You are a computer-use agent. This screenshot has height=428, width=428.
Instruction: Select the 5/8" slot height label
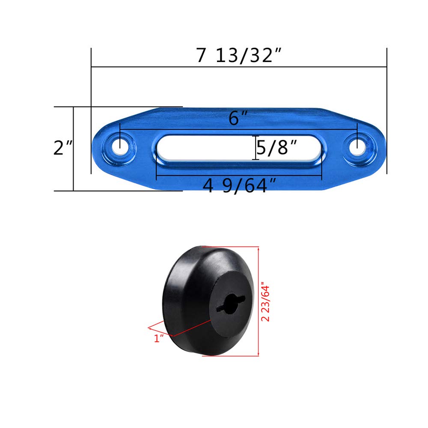click(x=276, y=148)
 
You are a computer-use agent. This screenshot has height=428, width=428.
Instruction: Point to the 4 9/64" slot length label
click(x=240, y=186)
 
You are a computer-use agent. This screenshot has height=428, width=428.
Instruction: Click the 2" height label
click(x=62, y=148)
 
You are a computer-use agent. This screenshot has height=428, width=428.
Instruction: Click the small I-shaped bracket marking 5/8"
click(x=256, y=148)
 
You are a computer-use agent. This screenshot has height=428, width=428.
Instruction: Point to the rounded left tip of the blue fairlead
click(x=98, y=148)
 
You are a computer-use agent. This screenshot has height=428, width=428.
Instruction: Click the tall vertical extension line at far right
click(x=387, y=111)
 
